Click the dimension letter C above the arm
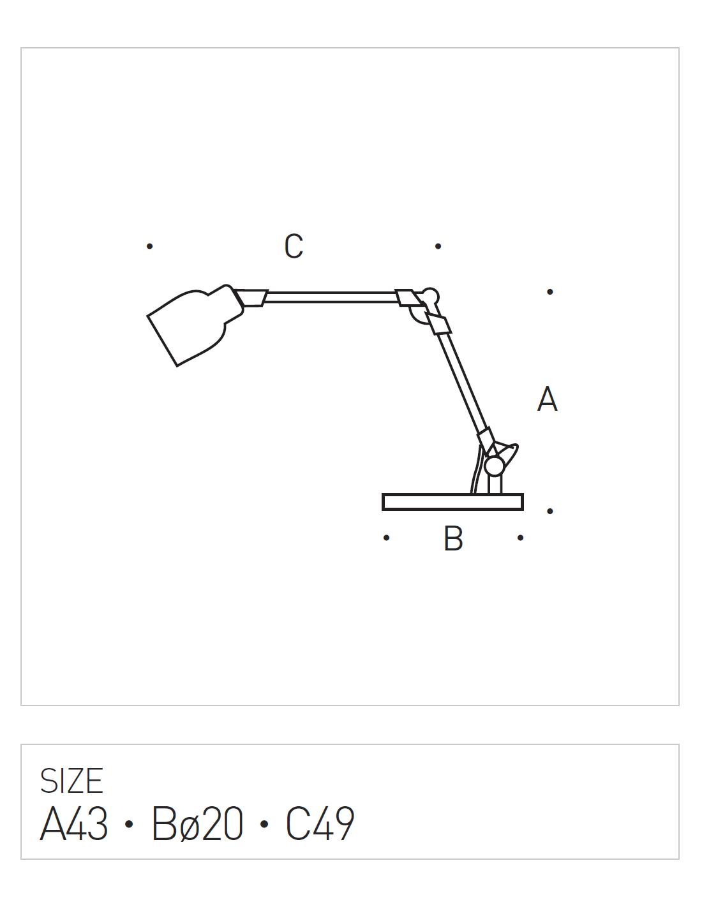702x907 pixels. click(x=293, y=246)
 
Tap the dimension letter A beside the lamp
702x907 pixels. click(x=547, y=399)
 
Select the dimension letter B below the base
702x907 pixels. click(x=454, y=538)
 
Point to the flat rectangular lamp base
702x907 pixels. click(x=452, y=502)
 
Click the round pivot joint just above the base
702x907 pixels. click(x=494, y=466)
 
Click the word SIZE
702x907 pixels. click(x=71, y=781)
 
